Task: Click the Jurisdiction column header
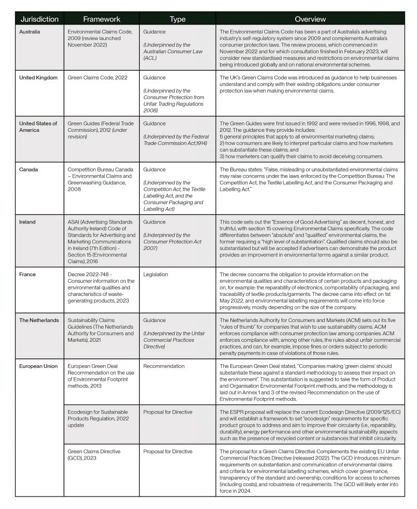point(40,19)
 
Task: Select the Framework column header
point(101,19)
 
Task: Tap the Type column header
point(177,19)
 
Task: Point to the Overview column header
point(311,19)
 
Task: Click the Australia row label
point(30,32)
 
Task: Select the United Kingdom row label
point(38,78)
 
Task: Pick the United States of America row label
point(38,127)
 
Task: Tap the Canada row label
point(29,169)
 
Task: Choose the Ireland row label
point(28,221)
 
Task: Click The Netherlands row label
point(39,320)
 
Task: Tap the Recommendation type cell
point(164,366)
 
